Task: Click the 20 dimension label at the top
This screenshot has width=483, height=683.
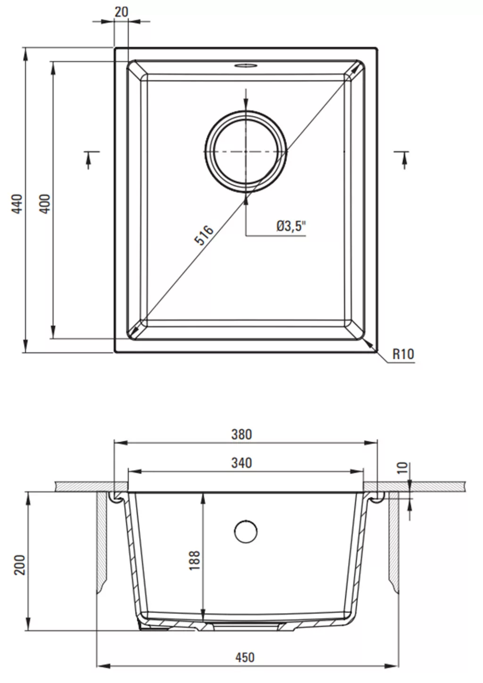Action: (x=122, y=12)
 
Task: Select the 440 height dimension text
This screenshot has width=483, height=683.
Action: (x=17, y=204)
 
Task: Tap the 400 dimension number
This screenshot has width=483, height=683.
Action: (x=45, y=204)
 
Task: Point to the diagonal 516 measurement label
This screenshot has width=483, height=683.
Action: (x=204, y=235)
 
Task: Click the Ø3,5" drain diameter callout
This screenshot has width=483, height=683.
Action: (x=291, y=226)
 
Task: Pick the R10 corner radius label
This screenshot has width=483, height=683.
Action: (x=403, y=354)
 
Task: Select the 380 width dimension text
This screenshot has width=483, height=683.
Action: (x=241, y=435)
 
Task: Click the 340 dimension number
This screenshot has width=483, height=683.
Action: (x=241, y=463)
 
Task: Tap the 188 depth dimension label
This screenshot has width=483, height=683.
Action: (x=194, y=560)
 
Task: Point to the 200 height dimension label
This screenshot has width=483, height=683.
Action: (x=20, y=565)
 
